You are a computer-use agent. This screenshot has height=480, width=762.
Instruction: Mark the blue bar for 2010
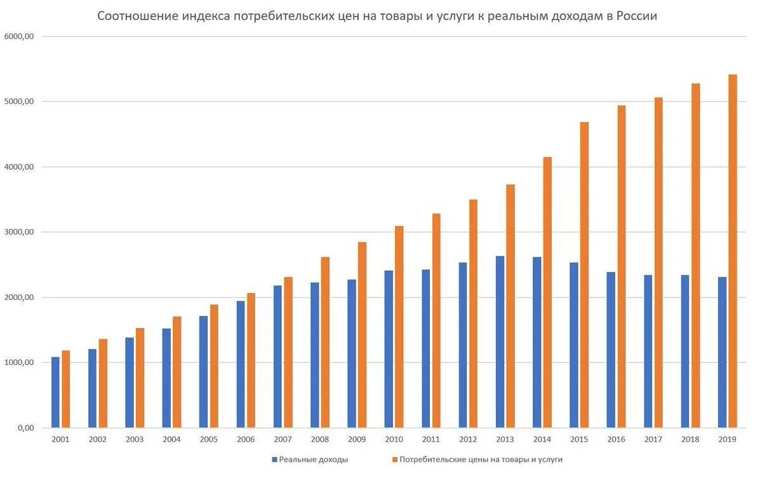pos(389,349)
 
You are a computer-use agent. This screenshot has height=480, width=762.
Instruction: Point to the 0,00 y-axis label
pos(24,428)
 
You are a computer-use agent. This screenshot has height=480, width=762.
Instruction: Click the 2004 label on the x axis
pos(171,439)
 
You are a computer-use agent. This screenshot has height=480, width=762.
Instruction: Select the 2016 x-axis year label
pos(615,439)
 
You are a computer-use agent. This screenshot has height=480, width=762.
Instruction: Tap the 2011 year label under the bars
pos(431,439)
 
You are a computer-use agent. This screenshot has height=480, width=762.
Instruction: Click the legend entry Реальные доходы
pos(313,459)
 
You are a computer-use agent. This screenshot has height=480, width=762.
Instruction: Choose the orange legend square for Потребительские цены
pos(394,459)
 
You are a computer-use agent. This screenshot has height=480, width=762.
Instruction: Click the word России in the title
pos(636,16)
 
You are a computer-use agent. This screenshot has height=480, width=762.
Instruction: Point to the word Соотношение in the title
pos(138,16)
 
